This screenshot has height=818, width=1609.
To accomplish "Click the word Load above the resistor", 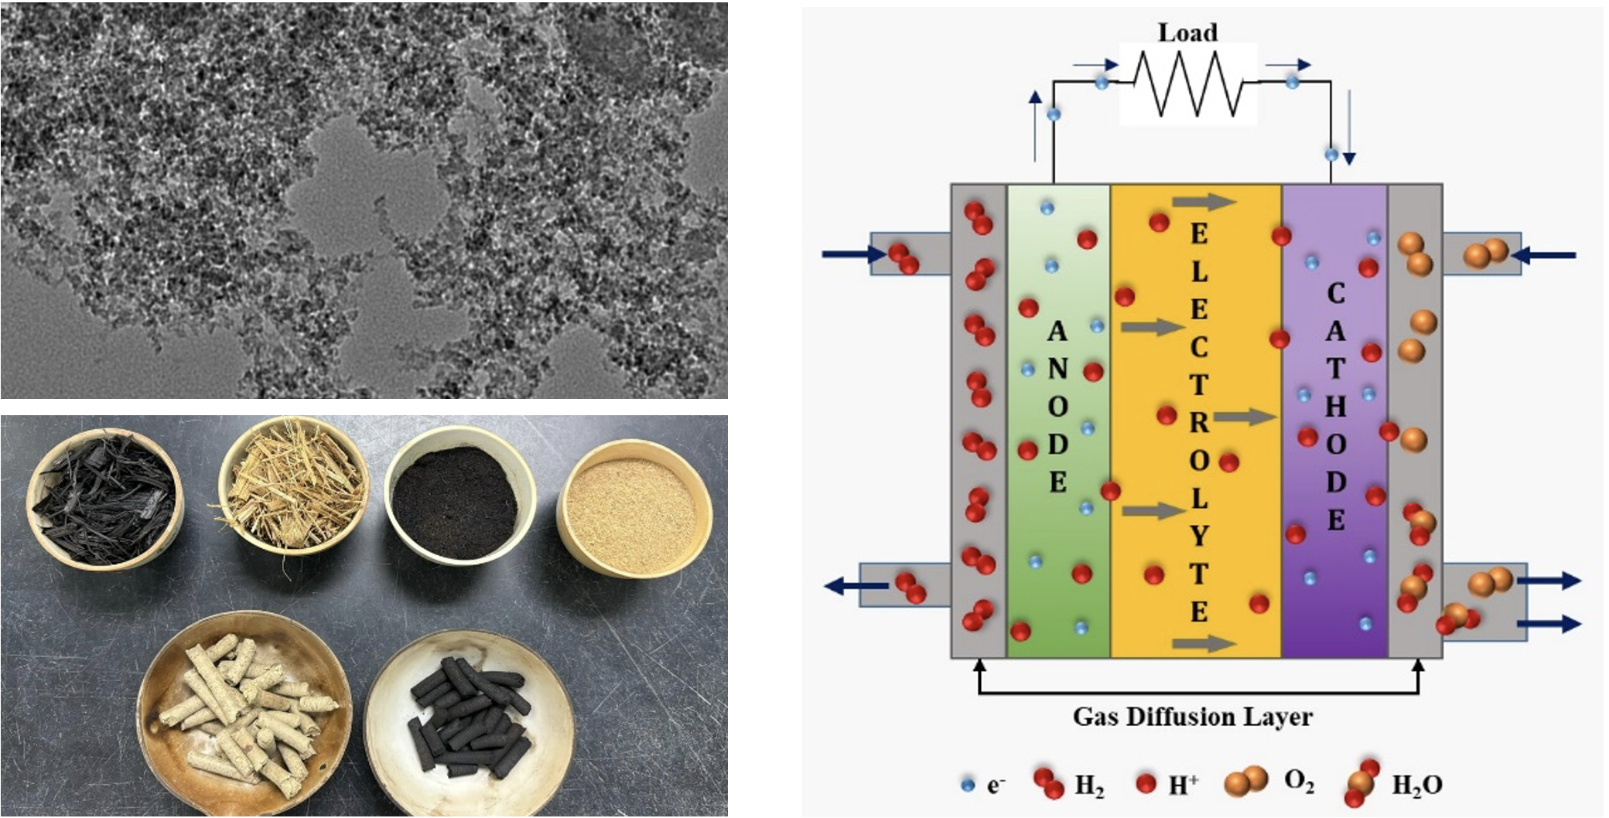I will (1187, 32).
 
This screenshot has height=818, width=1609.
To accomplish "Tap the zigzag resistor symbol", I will (1188, 84).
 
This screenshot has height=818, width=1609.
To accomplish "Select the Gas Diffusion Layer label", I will (1192, 717).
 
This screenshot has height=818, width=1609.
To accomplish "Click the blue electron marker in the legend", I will (967, 785).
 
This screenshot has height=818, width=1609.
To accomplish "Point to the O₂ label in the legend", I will (1299, 782).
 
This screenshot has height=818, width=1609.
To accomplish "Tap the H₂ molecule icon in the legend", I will (1048, 783).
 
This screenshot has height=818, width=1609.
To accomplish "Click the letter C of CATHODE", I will (1336, 293).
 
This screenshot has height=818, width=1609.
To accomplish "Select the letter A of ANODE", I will (1057, 332).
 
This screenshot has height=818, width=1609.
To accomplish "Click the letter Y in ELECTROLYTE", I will (1199, 535).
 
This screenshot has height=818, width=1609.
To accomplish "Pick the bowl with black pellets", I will (469, 720).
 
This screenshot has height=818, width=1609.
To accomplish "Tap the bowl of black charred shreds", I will (104, 497).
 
